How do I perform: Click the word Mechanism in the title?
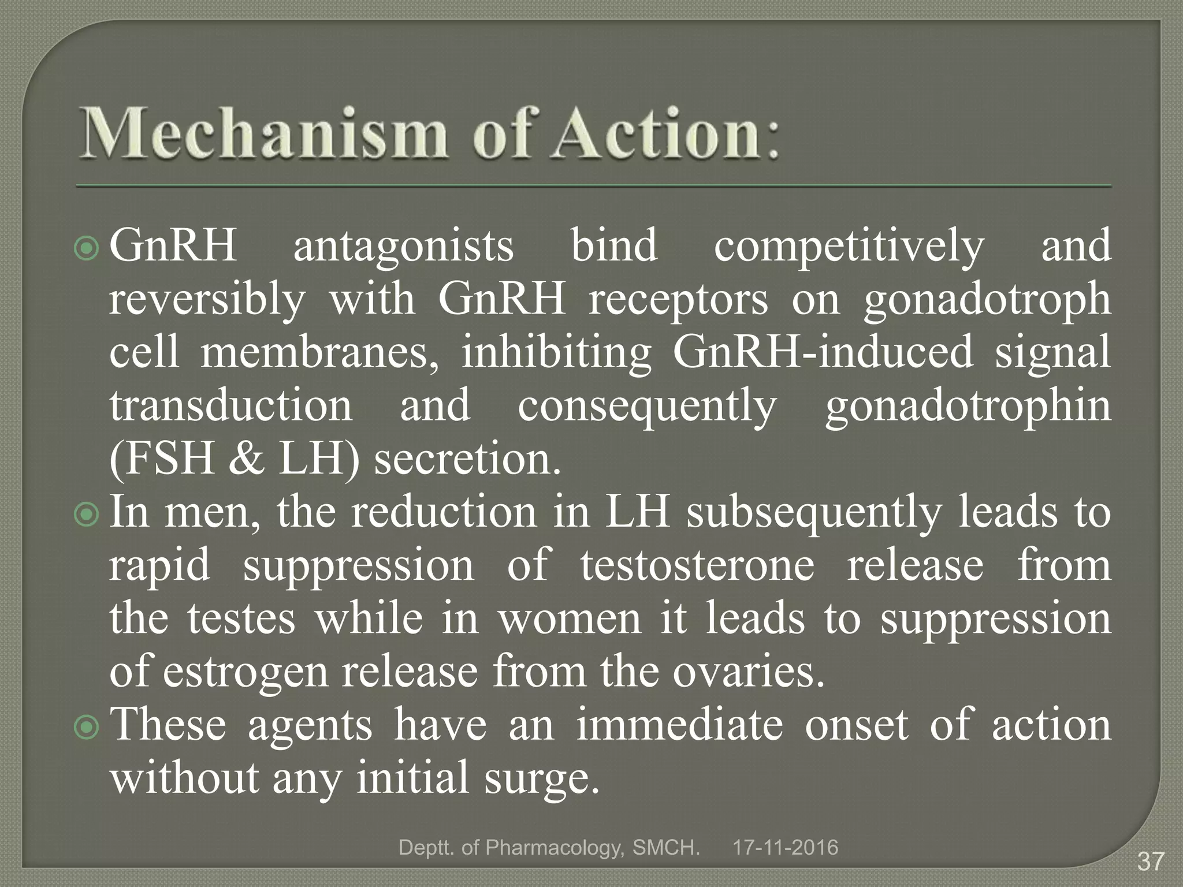coord(263,134)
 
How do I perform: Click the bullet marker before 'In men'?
coord(87,515)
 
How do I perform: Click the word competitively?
coord(849,246)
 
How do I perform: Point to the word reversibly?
coord(206,300)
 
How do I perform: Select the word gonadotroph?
coord(987,300)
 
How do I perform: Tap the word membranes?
coord(319,352)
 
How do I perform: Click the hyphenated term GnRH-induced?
coord(823,352)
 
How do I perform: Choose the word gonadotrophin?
coord(968,407)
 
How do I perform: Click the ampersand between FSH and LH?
coord(247,460)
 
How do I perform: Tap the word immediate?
coord(679,725)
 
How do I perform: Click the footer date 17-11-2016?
coord(785,848)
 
